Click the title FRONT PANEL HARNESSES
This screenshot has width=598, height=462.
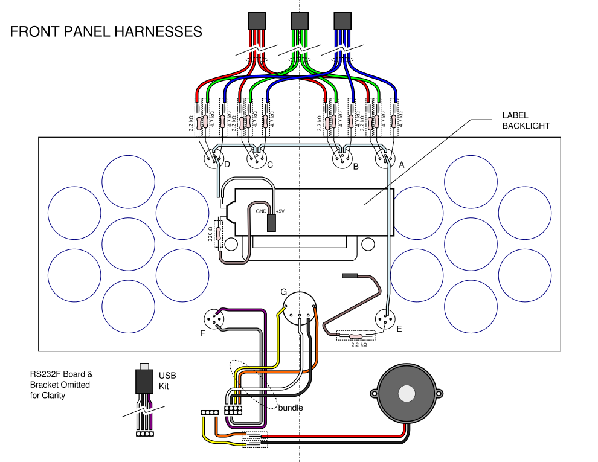click(x=106, y=31)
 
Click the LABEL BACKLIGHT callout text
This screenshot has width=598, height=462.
click(x=526, y=121)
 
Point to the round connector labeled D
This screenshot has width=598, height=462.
click(x=214, y=159)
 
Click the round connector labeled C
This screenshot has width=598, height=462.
click(x=257, y=159)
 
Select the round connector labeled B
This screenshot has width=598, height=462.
click(x=342, y=159)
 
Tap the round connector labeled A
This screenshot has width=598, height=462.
click(x=385, y=159)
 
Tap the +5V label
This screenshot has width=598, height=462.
click(x=280, y=211)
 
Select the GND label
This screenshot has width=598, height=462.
click(x=261, y=211)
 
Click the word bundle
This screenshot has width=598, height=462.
click(x=291, y=408)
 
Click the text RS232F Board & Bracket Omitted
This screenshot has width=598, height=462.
click(x=62, y=379)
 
